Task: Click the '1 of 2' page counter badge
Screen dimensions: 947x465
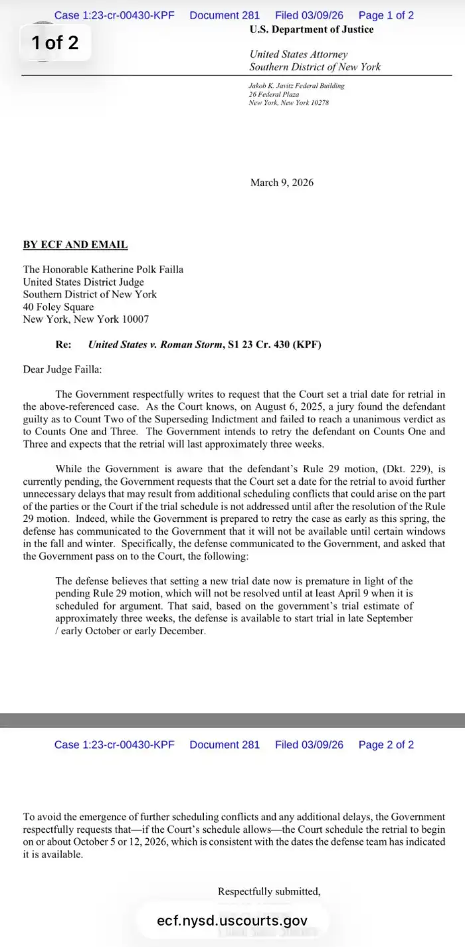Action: point(54,43)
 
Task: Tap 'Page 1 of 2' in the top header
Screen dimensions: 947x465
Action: point(386,15)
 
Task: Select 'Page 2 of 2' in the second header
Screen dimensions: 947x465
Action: point(386,744)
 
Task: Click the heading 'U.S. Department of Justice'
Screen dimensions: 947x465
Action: point(312,29)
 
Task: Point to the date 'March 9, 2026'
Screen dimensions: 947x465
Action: point(282,182)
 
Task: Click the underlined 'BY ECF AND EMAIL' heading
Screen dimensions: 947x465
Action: point(75,244)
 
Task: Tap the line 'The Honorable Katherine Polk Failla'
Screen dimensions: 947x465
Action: point(103,269)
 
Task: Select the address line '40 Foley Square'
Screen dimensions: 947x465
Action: point(58,307)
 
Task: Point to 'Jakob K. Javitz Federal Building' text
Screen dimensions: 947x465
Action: point(296,86)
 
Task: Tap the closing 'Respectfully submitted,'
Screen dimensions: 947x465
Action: point(269,891)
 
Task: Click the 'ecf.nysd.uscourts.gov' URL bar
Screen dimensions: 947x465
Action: point(232,920)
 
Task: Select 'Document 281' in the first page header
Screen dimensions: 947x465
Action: point(225,15)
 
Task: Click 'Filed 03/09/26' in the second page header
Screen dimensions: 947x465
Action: point(309,744)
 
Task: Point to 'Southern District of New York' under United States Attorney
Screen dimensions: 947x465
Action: point(315,66)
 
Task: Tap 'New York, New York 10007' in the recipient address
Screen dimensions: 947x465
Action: point(86,319)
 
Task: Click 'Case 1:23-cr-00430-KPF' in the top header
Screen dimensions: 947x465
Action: point(114,15)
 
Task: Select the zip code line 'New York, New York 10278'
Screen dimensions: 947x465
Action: point(288,103)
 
